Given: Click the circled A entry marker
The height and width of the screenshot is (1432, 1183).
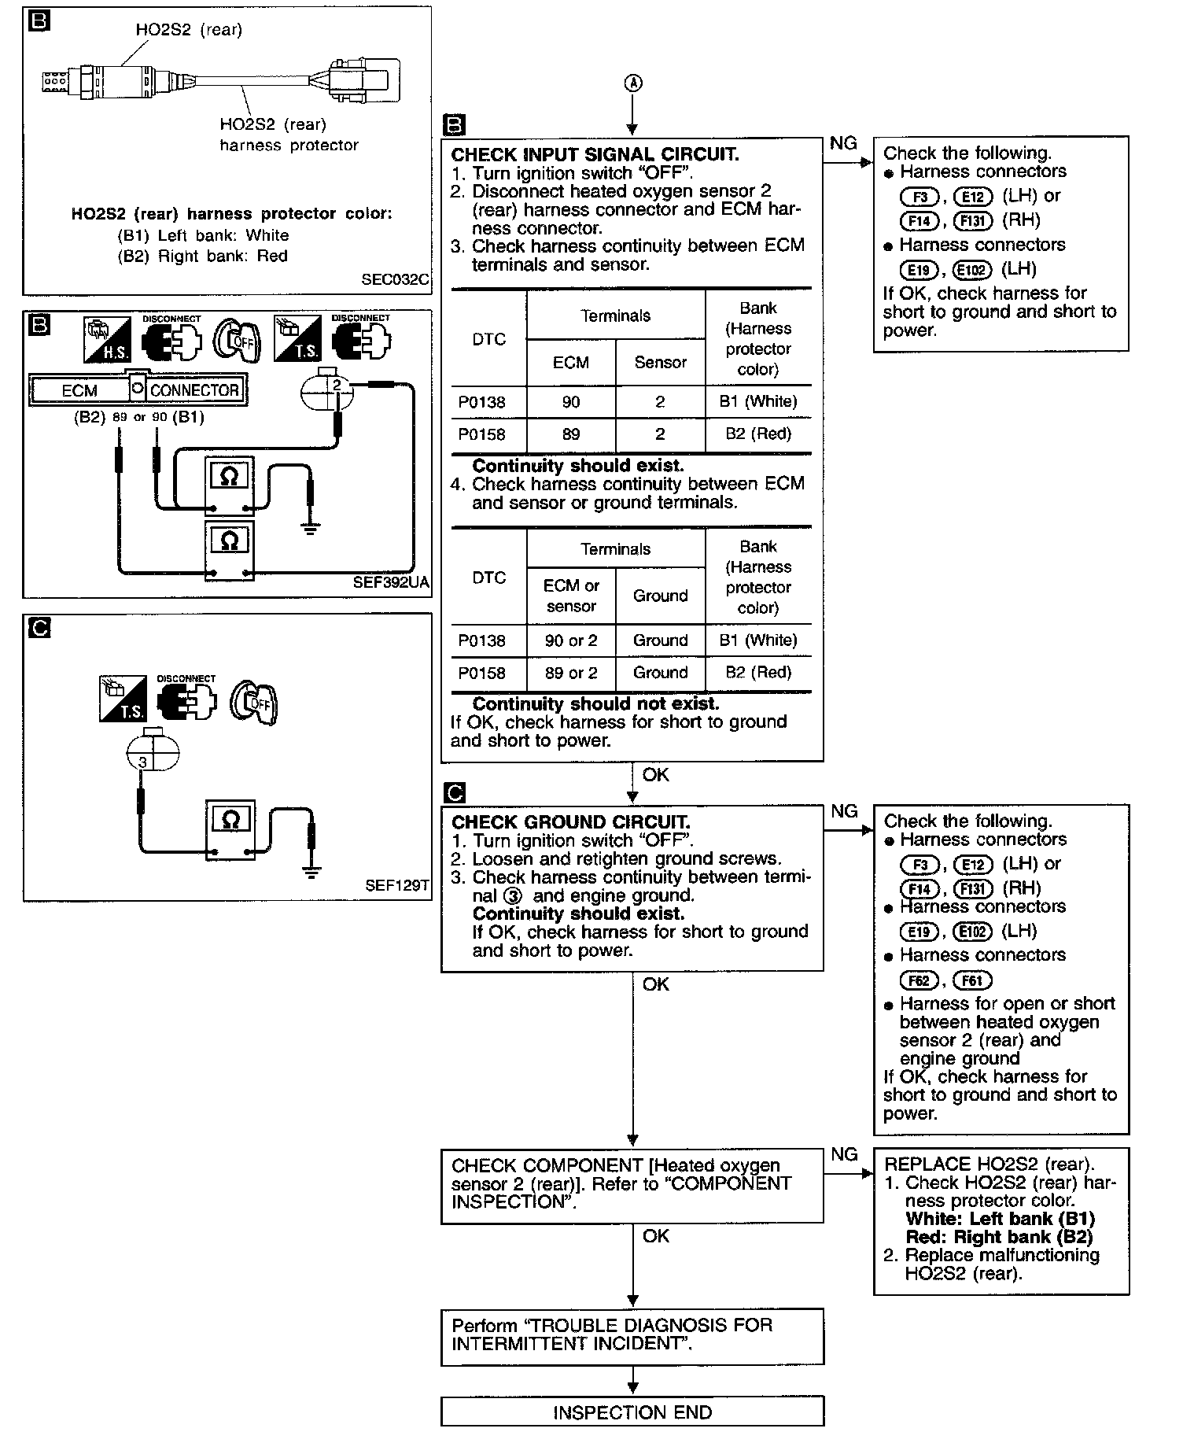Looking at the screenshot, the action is [x=633, y=83].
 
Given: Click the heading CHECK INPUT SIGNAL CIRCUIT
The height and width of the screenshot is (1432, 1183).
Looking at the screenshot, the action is [x=595, y=154].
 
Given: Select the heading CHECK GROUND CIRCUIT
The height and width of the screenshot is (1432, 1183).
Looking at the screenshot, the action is [x=570, y=822].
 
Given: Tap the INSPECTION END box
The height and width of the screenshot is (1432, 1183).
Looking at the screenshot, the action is [x=632, y=1412].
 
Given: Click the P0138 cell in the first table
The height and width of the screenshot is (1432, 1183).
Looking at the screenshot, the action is [x=481, y=402].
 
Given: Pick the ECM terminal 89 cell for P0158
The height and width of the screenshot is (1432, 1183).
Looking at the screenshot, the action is [x=571, y=434].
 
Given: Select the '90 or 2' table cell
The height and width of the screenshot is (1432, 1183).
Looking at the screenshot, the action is [x=571, y=640].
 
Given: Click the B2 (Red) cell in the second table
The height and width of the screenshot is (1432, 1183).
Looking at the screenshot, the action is [x=758, y=673].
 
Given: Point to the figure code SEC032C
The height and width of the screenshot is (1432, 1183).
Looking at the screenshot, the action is [x=396, y=279].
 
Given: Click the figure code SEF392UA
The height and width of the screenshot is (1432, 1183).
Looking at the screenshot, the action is [x=392, y=583].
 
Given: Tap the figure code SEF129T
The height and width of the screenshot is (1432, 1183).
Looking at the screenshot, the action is [x=397, y=885].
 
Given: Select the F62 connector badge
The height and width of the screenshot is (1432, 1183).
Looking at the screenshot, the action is [x=919, y=980].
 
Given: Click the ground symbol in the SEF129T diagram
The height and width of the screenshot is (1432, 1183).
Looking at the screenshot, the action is [x=311, y=871].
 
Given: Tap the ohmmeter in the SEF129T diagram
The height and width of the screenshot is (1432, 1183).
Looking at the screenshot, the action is [x=230, y=829].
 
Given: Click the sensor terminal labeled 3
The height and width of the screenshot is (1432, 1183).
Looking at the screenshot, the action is [x=142, y=762].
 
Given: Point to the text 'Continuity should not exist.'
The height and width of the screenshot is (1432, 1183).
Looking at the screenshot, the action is [x=595, y=704].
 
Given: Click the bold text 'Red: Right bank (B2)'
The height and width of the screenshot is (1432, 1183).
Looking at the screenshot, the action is [x=999, y=1237].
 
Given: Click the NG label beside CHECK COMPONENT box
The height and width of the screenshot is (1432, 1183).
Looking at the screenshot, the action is [x=844, y=1154].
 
